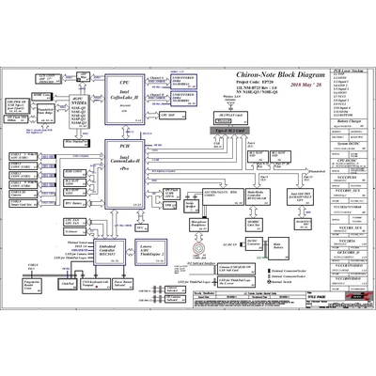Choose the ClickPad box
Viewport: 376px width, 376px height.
67,282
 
